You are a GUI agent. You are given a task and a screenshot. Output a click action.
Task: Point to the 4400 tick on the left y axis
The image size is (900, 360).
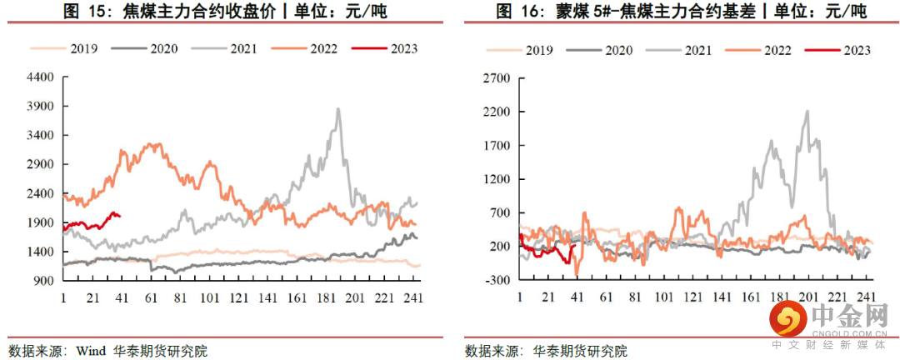(x=41, y=77)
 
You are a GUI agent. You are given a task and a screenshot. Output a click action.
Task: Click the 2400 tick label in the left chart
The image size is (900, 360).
(x=41, y=193)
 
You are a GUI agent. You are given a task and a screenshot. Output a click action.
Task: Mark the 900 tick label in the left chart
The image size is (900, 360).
(x=44, y=281)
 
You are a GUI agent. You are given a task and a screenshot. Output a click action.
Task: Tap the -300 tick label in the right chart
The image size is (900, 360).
(x=498, y=280)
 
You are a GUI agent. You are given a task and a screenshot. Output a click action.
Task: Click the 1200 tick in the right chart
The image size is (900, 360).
(x=496, y=179)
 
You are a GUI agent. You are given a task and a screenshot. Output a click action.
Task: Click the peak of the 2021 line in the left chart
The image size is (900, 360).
(x=337, y=108)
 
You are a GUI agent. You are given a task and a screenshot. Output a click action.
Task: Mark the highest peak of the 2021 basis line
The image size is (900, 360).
(x=807, y=111)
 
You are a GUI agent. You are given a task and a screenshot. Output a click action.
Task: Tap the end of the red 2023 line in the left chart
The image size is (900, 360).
(x=120, y=216)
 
